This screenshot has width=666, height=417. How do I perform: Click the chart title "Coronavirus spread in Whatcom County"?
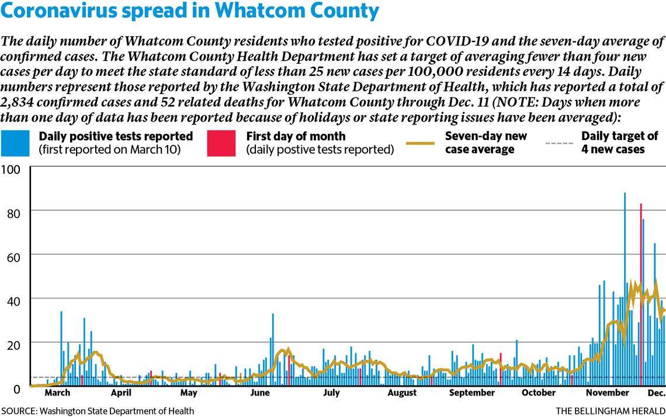190,12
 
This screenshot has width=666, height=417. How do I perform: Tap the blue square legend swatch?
15,143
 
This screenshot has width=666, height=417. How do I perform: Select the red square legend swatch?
221,143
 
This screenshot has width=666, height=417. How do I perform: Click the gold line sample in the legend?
419,143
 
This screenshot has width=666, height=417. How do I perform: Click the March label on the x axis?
57,393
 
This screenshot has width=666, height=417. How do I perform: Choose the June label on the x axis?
260,393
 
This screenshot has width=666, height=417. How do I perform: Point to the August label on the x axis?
403,393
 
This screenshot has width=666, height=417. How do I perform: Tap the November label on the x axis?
607,393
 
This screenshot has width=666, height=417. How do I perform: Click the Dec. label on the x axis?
656,393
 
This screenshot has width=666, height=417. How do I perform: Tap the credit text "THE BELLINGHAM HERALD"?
610,411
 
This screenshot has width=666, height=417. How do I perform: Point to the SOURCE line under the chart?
97,411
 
